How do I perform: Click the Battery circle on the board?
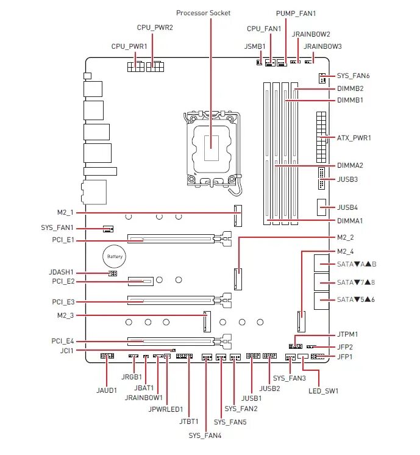pyautogui.click(x=115, y=257)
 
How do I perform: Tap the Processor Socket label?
pyautogui.click(x=203, y=13)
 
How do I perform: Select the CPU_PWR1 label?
pyautogui.click(x=129, y=46)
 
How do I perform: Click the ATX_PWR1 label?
pyautogui.click(x=354, y=138)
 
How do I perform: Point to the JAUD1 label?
pyautogui.click(x=107, y=390)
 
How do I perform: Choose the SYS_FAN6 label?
pyautogui.click(x=354, y=76)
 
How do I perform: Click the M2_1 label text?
pyautogui.click(x=65, y=212)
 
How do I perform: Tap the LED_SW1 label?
pyautogui.click(x=323, y=390)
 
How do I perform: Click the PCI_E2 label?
pyautogui.click(x=63, y=281)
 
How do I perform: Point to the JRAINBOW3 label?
pyautogui.click(x=322, y=46)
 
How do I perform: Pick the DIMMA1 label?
pyautogui.click(x=350, y=221)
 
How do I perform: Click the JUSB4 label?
pyautogui.click(x=347, y=207)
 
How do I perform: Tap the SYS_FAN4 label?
pyautogui.click(x=205, y=435)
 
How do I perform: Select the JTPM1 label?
pyautogui.click(x=347, y=335)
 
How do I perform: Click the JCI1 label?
pyautogui.click(x=66, y=351)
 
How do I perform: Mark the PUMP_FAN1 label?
pyautogui.click(x=296, y=13)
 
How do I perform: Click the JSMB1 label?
pyautogui.click(x=255, y=46)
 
